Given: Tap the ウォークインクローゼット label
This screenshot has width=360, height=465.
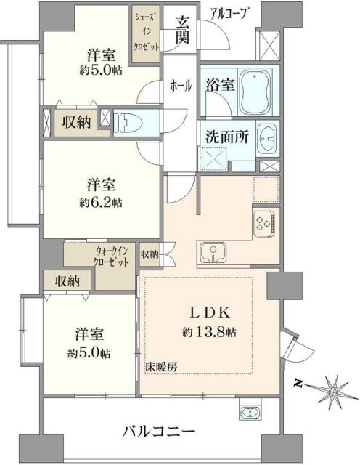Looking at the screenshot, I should tap(111, 258).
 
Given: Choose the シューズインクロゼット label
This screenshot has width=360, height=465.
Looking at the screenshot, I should tap(140, 30).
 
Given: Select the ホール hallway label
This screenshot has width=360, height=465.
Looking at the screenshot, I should tap(180, 86).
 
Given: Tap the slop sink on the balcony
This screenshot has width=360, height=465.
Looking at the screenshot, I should tap(248, 413).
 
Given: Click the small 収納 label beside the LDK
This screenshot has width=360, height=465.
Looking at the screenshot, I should tap(150, 254).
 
